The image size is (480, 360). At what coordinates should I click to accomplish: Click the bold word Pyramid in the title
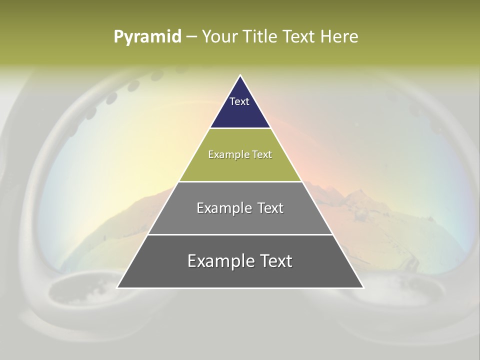pyautogui.click(x=147, y=37)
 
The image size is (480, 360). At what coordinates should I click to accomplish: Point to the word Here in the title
pyautogui.click(x=339, y=37)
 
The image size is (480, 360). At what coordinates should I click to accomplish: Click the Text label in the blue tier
pyautogui.click(x=239, y=101)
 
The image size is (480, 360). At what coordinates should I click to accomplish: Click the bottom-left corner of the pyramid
pyautogui.click(x=118, y=287)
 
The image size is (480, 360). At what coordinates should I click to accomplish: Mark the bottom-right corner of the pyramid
pyautogui.click(x=363, y=287)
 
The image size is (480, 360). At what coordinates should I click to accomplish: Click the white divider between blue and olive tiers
pyautogui.click(x=240, y=128)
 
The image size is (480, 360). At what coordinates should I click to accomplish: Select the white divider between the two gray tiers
pyautogui.click(x=240, y=234)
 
